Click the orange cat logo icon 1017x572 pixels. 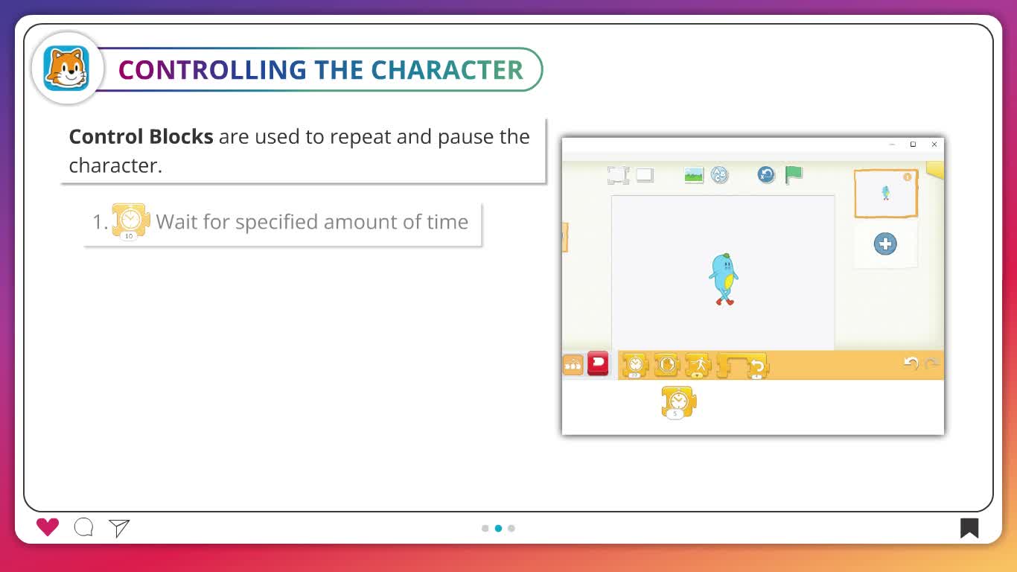coord(66,69)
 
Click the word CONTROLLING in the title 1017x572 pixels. coord(212,70)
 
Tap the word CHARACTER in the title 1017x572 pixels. coord(447,70)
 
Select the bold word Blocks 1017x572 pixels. coord(181,136)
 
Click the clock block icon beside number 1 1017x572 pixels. coord(131,221)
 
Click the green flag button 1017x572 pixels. coord(794,175)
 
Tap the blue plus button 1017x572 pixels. coord(885,244)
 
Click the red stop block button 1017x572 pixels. coord(598,363)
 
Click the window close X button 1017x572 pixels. coord(934,144)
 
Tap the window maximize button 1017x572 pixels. coord(913,144)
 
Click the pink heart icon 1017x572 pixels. coord(48,527)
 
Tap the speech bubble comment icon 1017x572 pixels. coord(84,527)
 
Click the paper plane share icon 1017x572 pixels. coord(119,528)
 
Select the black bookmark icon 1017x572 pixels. coord(969,528)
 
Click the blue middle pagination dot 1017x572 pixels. coord(499,528)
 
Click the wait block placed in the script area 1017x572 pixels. coord(678,402)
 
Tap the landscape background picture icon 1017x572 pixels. coord(694,175)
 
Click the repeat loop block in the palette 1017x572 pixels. coord(742,366)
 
